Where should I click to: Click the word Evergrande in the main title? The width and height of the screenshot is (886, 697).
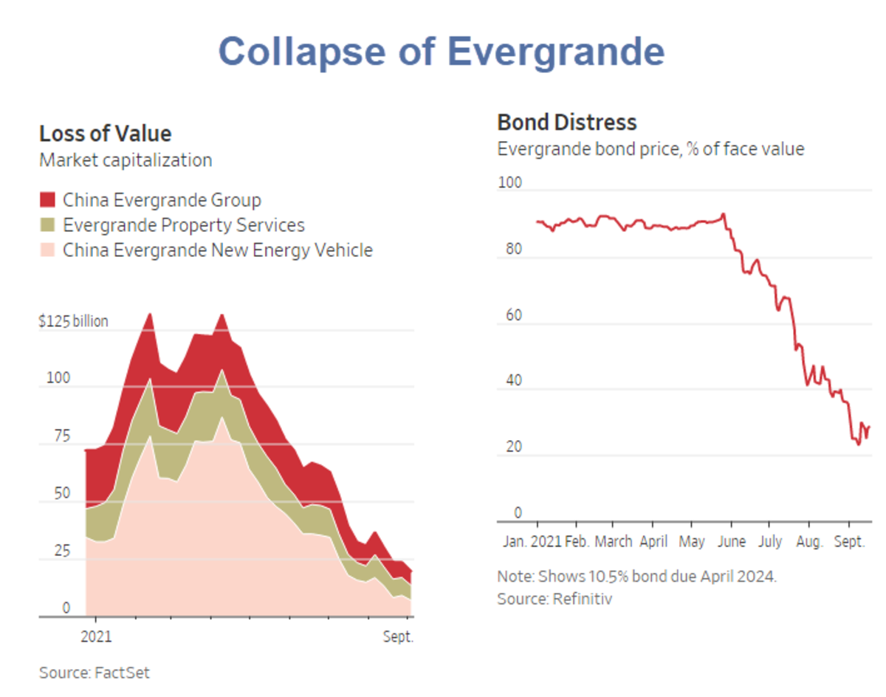(555, 52)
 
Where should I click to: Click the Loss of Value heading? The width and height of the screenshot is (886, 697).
(105, 134)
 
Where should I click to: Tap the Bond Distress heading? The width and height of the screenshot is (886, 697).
(566, 122)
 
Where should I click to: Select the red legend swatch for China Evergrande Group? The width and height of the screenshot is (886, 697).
(47, 200)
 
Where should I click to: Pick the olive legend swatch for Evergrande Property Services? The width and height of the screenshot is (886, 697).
(47, 225)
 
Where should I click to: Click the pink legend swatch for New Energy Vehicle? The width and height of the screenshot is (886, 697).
(47, 250)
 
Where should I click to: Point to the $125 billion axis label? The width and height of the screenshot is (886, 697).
(73, 321)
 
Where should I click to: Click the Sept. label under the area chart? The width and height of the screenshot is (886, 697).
(398, 637)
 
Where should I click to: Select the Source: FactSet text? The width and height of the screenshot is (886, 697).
(95, 673)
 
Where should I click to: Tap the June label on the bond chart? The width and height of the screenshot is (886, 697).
(732, 541)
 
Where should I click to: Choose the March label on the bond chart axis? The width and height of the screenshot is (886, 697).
(614, 541)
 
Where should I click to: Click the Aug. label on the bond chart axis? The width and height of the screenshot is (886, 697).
(810, 541)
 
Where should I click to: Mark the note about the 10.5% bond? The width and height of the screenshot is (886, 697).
(636, 576)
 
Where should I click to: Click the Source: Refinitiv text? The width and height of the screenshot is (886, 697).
(554, 598)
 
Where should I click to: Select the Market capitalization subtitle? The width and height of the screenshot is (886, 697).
(126, 160)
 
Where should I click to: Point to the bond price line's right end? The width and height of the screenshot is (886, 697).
(868, 427)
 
